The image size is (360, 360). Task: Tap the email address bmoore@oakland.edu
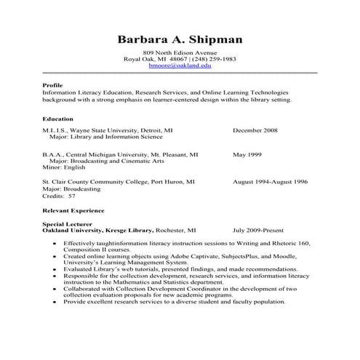coord(180,65)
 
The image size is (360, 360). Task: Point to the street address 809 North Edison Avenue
coord(180,52)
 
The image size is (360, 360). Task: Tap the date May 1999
coord(248,155)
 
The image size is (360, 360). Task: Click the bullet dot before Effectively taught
coord(55,243)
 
